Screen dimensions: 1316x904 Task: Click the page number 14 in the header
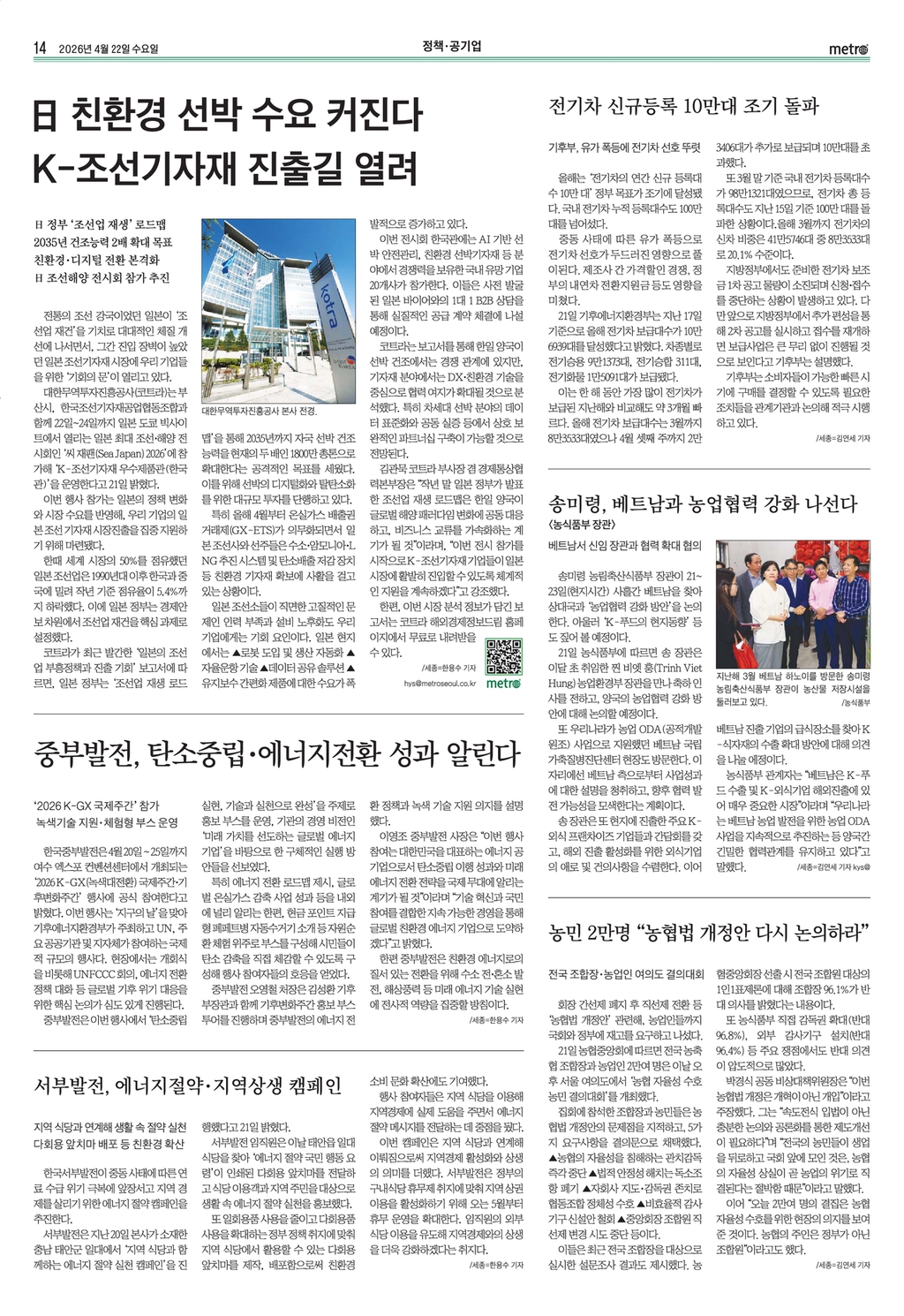point(39,49)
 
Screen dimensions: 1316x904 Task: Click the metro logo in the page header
point(848,49)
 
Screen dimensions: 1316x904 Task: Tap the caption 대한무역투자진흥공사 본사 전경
point(259,411)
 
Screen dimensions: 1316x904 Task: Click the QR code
point(504,655)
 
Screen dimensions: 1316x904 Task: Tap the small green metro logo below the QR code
point(504,683)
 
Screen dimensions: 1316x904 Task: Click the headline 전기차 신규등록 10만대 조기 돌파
point(684,107)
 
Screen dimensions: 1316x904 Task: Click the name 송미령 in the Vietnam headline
point(578,504)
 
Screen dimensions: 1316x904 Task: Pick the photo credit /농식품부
point(855,703)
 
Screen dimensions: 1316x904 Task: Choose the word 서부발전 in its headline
point(72,1085)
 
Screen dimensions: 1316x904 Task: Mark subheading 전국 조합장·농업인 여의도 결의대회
point(625,975)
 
